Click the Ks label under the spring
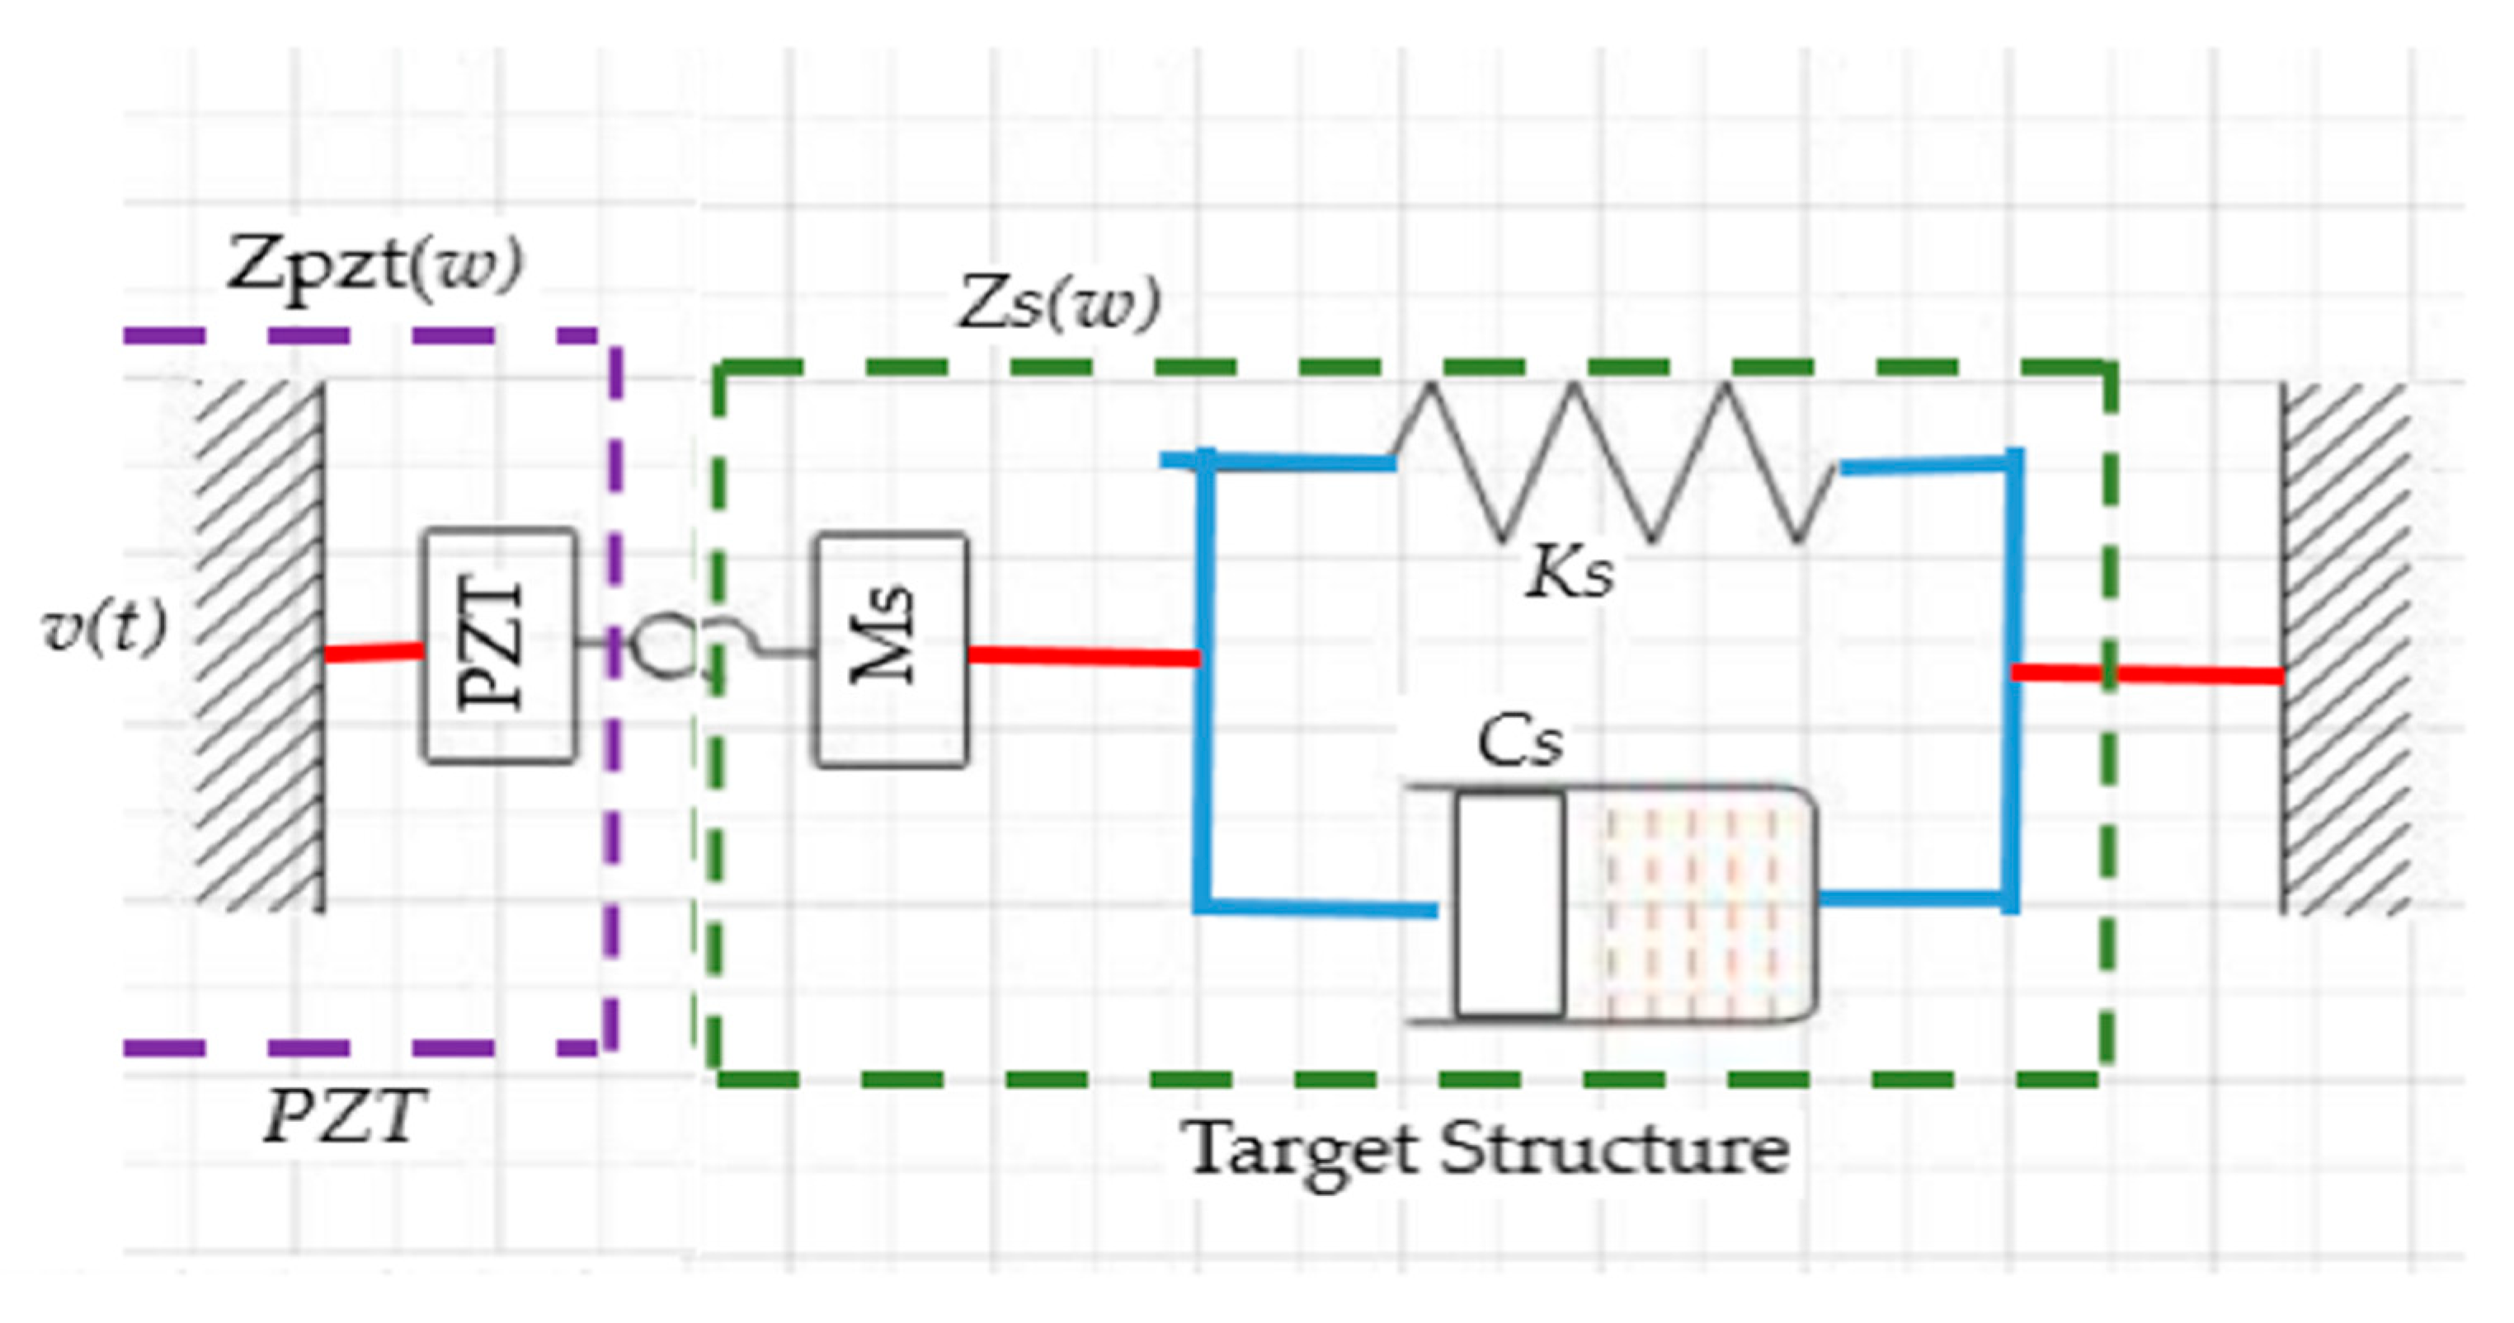[x=1568, y=574]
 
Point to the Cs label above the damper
[x=1519, y=743]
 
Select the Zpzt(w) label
[x=374, y=265]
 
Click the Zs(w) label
[x=1060, y=304]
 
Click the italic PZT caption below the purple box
[x=346, y=1116]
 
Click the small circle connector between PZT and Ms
[x=664, y=646]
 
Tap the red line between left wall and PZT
[x=373, y=652]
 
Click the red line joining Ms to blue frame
[x=1083, y=657]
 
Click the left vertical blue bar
[x=1204, y=683]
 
